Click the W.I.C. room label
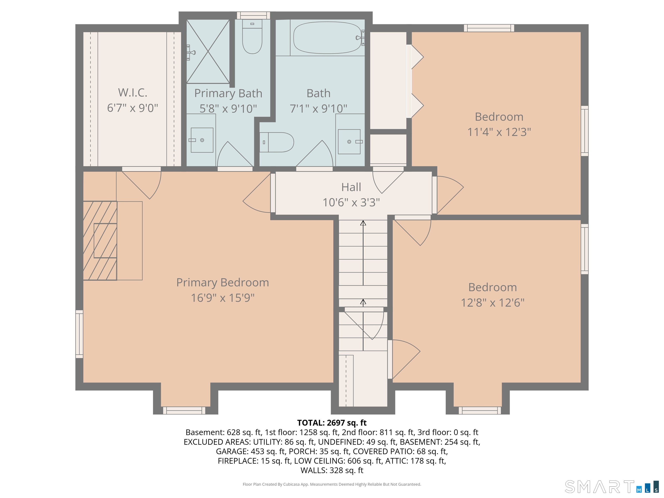pyautogui.click(x=133, y=93)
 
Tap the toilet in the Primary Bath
pyautogui.click(x=252, y=37)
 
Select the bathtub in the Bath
pyautogui.click(x=327, y=38)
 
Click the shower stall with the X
pyautogui.click(x=208, y=51)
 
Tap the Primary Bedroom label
pyautogui.click(x=222, y=283)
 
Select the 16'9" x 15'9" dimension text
pyautogui.click(x=223, y=298)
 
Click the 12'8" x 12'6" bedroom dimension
pyautogui.click(x=493, y=303)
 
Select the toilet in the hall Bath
pyautogui.click(x=276, y=142)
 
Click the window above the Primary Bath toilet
pyautogui.click(x=253, y=16)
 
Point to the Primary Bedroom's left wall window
pyautogui.click(x=79, y=334)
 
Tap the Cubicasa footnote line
pyautogui.click(x=332, y=484)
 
